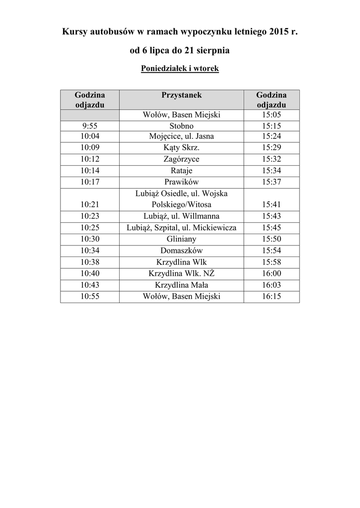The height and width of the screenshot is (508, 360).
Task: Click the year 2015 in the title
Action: coord(280,32)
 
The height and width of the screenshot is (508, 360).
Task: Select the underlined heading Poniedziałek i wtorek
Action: coord(180,69)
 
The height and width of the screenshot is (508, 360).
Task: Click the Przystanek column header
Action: coord(181,95)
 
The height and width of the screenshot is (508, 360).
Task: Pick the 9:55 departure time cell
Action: coord(90,126)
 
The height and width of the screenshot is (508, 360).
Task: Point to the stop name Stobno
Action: coord(181,126)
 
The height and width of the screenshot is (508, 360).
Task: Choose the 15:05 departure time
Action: coord(271,115)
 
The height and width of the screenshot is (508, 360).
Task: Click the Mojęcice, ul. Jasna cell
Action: coord(181,136)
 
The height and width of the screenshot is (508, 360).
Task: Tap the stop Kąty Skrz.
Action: coord(181,148)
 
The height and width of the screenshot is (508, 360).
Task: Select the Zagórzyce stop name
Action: coord(181,159)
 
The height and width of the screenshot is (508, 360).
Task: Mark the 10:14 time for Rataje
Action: coord(90,171)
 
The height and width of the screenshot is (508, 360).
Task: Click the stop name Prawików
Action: coord(181,182)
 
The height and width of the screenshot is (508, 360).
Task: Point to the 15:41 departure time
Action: coord(271,204)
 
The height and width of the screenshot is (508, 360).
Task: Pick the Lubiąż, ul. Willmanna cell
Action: coord(181,216)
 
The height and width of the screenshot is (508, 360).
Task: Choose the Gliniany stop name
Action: coord(181,239)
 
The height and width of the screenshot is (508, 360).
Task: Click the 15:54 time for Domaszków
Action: coord(271,251)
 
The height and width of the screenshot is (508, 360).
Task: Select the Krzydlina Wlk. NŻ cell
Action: coord(181,273)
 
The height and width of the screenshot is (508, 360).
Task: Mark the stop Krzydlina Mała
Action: coord(181,285)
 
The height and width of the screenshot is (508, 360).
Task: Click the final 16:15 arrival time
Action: coord(271,296)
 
